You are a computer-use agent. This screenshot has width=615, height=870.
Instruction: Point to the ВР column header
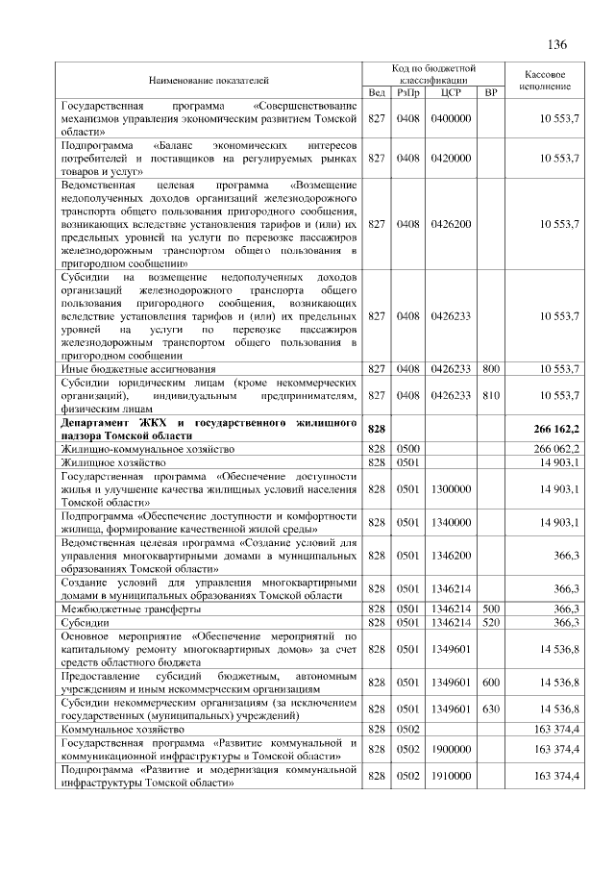click(x=491, y=92)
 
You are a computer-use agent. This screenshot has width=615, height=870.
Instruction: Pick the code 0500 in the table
click(x=408, y=448)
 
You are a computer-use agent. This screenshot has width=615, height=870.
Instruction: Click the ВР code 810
click(x=491, y=395)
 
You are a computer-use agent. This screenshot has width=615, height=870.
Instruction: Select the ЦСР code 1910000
click(x=451, y=776)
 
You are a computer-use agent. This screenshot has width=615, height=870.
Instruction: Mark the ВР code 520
click(x=491, y=623)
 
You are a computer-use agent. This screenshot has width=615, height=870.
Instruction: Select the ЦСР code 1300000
click(x=451, y=488)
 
